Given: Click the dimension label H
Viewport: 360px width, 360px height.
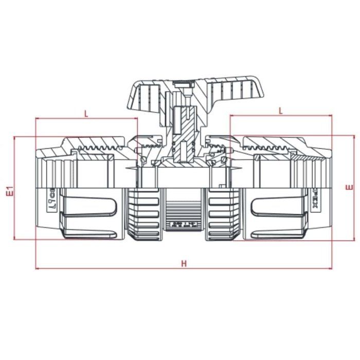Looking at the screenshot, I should click(184, 263).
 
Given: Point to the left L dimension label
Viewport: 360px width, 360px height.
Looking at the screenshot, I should click(86, 114).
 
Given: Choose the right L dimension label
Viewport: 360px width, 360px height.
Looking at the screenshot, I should click(280, 110).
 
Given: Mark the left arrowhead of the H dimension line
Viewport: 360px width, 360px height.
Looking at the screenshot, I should click(37, 268).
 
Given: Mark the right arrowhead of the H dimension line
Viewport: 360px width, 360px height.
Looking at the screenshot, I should click(331, 268).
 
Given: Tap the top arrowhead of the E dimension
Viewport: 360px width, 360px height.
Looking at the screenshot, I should click(354, 137).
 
